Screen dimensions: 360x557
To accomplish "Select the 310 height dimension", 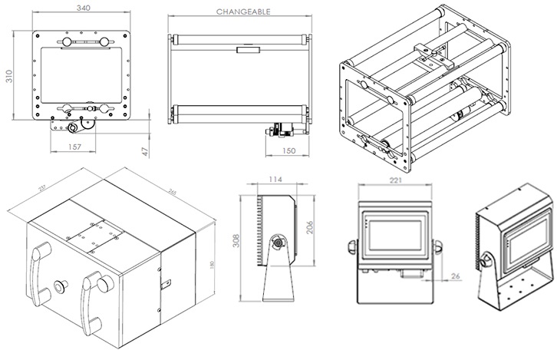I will click(8, 78).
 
